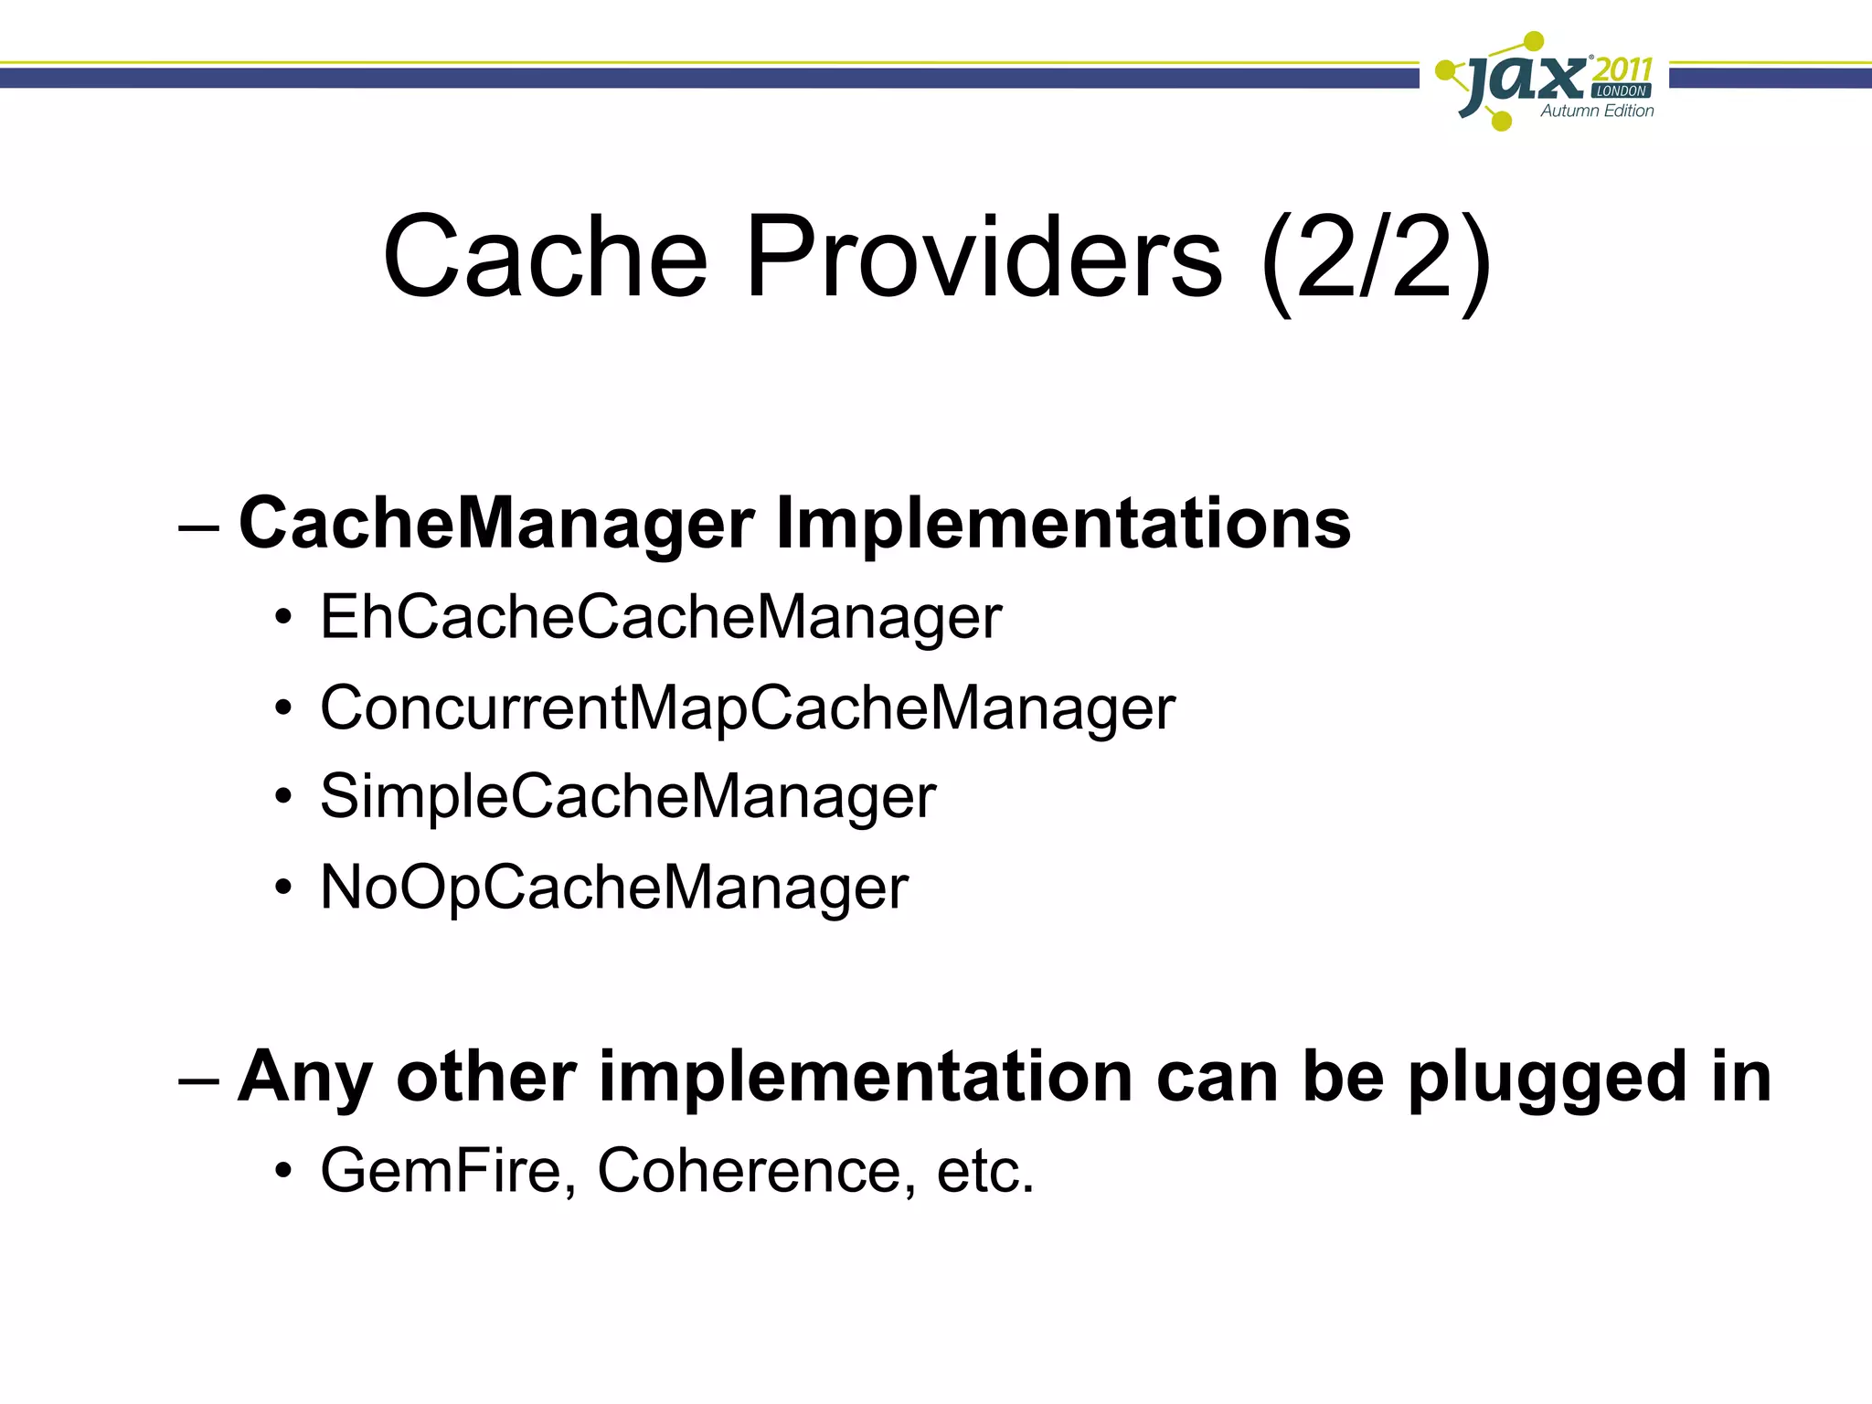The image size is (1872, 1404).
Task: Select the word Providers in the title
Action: (x=984, y=258)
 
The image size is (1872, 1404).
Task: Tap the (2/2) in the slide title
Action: (x=1376, y=261)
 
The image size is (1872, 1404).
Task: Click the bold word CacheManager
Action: (x=496, y=524)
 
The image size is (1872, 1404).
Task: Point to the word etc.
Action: (x=984, y=1172)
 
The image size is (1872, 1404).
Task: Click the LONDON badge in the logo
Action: (x=1622, y=91)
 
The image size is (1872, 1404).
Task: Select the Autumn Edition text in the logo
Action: (x=1597, y=112)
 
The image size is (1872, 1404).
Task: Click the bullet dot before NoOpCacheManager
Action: (x=284, y=888)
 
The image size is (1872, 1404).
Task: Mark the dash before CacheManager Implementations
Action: (x=199, y=527)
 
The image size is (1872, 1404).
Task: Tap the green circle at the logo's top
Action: (x=1535, y=41)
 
